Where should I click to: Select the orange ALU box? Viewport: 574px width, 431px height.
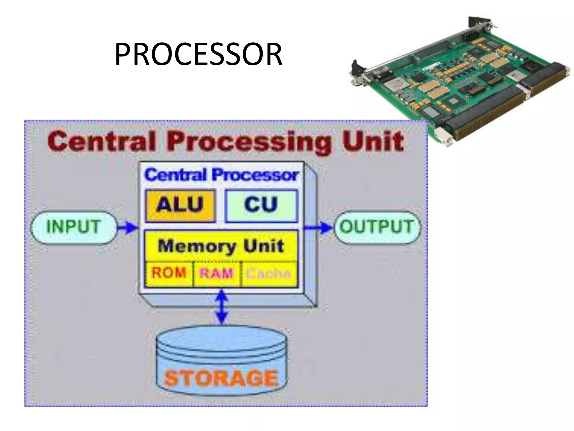click(x=180, y=206)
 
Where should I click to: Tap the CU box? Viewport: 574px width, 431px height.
click(x=261, y=206)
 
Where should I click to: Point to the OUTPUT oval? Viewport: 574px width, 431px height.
click(x=377, y=227)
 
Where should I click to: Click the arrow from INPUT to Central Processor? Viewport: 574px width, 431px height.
click(x=128, y=227)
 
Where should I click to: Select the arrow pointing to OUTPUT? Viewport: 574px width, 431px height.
click(x=318, y=227)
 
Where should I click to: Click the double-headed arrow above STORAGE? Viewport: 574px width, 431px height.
click(x=222, y=307)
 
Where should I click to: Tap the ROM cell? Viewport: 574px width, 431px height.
click(x=169, y=273)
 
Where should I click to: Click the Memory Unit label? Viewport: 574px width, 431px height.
click(x=221, y=246)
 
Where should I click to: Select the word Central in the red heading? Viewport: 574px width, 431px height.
click(x=101, y=142)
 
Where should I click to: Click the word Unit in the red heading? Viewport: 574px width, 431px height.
click(x=373, y=142)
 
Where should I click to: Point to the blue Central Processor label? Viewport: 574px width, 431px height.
click(x=221, y=175)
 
